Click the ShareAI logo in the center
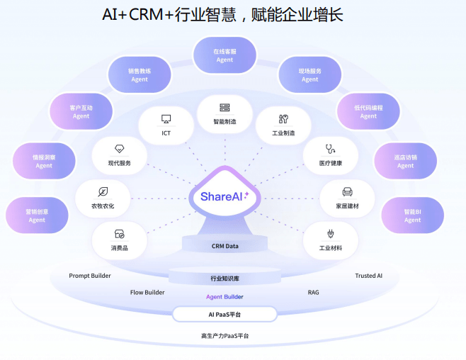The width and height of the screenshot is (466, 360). pos(225,196)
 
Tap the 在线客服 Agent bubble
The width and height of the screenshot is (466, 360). pos(225,55)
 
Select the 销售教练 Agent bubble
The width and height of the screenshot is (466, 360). pos(140,74)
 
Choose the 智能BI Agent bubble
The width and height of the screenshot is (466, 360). pos(412,215)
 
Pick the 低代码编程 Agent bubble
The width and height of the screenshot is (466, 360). pos(368,111)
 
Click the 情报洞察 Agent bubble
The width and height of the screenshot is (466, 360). pos(44,161)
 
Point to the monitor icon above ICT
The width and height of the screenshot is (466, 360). pos(166,119)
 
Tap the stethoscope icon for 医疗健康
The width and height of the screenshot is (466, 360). pos(330,149)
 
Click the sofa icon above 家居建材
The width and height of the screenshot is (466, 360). pos(347,192)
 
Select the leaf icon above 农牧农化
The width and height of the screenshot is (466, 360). pos(103,192)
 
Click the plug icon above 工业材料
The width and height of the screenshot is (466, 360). pos(331,234)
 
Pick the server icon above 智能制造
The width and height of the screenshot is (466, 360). pos(225,107)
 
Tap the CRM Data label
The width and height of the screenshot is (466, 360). pos(225,246)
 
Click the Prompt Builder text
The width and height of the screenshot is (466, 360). pos(90,276)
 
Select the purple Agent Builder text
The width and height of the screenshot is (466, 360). pos(225,297)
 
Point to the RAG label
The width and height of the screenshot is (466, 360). pos(313,292)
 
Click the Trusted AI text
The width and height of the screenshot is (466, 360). pos(368,276)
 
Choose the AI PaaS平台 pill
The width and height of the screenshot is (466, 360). pos(225,314)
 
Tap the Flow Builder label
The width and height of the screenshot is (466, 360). pos(147,292)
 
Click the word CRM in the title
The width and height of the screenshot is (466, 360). pos(146,14)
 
